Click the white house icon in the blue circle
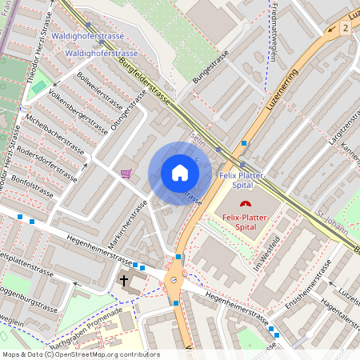coord(179,173)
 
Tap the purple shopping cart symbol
coord(126,173)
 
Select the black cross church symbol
coord(123,280)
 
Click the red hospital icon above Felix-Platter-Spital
coord(246,205)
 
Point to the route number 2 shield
coord(346,28)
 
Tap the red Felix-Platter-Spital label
coord(246,222)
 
